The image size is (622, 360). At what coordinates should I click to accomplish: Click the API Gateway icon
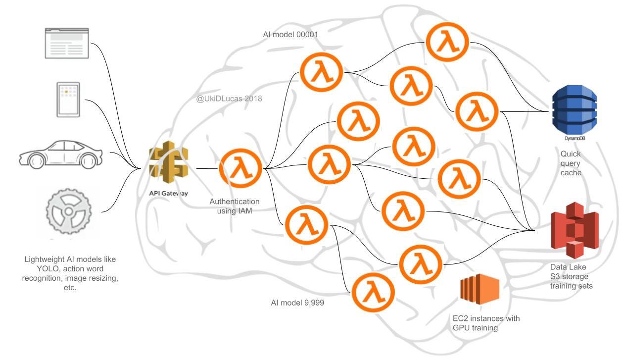[169, 162]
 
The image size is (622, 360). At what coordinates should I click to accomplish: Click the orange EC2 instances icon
[479, 289]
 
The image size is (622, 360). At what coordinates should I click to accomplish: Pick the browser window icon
[67, 43]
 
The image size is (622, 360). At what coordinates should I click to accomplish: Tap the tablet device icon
[68, 100]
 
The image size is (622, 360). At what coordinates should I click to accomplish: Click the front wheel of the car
[37, 160]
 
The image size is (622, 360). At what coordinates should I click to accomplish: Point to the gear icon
[69, 211]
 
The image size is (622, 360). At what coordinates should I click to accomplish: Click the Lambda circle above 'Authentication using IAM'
[240, 169]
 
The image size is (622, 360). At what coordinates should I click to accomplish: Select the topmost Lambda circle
[447, 42]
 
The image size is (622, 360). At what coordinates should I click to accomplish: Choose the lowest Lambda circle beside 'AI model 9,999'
[373, 293]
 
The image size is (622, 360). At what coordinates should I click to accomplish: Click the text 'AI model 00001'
[290, 35]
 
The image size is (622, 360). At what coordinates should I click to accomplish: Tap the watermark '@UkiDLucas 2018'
[229, 99]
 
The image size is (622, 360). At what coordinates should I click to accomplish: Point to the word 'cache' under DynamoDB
[571, 173]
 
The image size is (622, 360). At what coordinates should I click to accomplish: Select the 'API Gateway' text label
[169, 193]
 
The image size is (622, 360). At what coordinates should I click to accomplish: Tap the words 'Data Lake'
[568, 267]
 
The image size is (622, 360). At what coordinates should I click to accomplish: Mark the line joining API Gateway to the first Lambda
[207, 169]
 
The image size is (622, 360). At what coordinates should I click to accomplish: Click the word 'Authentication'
[235, 202]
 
